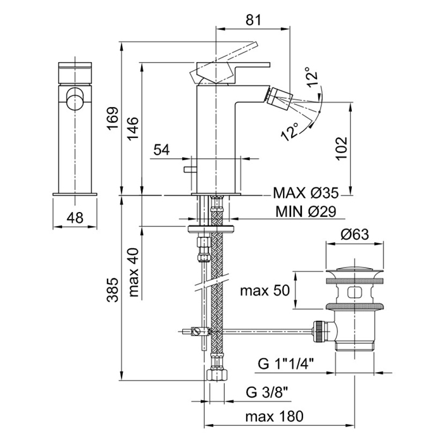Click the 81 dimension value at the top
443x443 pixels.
[253, 20]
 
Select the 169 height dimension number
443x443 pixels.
[113, 118]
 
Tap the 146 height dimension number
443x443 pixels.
[133, 128]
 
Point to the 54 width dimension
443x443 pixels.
[161, 149]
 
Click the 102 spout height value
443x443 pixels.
[341, 148]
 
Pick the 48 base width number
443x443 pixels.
[75, 218]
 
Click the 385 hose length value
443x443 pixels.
[113, 290]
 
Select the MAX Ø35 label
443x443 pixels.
[306, 193]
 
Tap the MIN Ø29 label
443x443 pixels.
[306, 211]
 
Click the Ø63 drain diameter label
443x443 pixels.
[354, 234]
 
